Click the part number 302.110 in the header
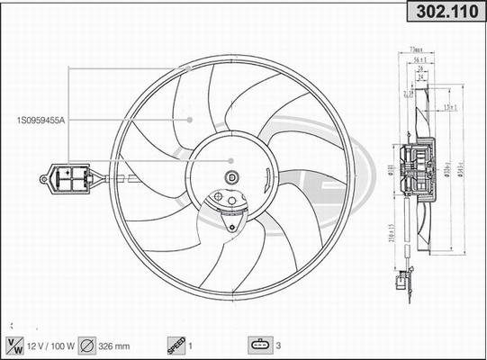444,13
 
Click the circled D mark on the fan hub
231,177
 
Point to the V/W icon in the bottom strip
14,344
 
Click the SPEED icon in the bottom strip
176,344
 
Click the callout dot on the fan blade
189,67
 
